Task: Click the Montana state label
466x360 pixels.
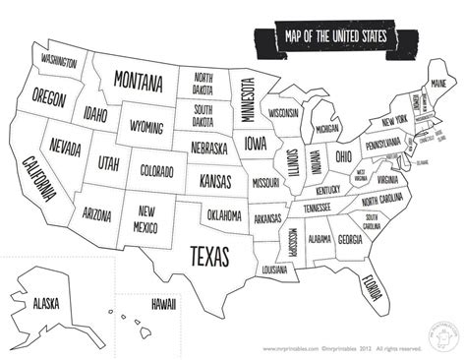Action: click(x=138, y=78)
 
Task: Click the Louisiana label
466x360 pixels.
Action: click(x=274, y=268)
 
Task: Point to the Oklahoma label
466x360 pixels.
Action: click(x=225, y=213)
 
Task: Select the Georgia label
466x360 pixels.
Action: click(x=349, y=238)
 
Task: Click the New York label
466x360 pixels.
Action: click(x=394, y=120)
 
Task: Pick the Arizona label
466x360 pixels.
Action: click(x=97, y=212)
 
